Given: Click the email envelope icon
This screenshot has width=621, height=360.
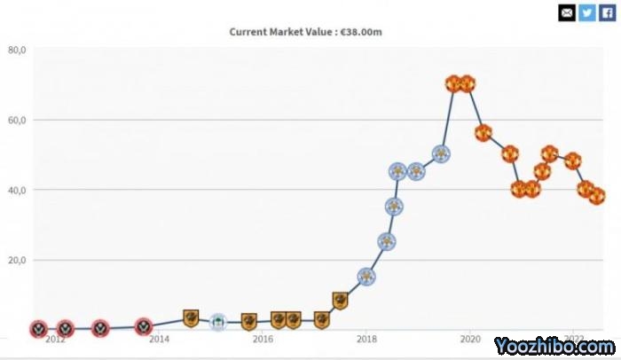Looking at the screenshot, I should click(x=566, y=12).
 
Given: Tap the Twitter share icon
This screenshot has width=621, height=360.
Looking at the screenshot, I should click(x=587, y=12).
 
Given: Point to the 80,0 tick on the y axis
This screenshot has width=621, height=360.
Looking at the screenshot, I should click(x=17, y=50).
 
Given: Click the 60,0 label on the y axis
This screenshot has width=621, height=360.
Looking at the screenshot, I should click(x=17, y=120).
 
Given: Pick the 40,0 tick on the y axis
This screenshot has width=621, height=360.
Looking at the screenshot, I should click(x=17, y=190).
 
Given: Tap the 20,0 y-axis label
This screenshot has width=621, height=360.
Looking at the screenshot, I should click(x=17, y=260).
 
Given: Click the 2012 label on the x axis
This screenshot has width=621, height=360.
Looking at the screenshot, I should click(x=55, y=339).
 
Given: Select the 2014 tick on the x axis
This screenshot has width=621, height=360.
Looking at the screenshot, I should click(x=159, y=339).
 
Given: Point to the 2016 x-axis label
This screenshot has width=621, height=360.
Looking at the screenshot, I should click(x=263, y=339).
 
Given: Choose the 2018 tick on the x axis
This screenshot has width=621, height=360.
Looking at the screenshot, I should click(x=366, y=339).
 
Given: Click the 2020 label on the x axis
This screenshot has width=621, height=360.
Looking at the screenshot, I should click(x=469, y=339).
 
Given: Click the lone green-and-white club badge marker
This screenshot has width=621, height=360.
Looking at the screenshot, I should click(x=217, y=322).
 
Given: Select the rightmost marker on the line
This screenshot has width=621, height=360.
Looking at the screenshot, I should click(x=597, y=196).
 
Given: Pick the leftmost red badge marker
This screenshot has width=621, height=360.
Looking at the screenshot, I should click(x=38, y=329).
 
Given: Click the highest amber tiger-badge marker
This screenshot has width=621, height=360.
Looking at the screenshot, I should click(x=340, y=301).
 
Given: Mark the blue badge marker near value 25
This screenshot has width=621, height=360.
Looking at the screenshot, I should click(x=386, y=241).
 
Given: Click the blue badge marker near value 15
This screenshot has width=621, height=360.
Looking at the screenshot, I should click(x=366, y=277).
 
